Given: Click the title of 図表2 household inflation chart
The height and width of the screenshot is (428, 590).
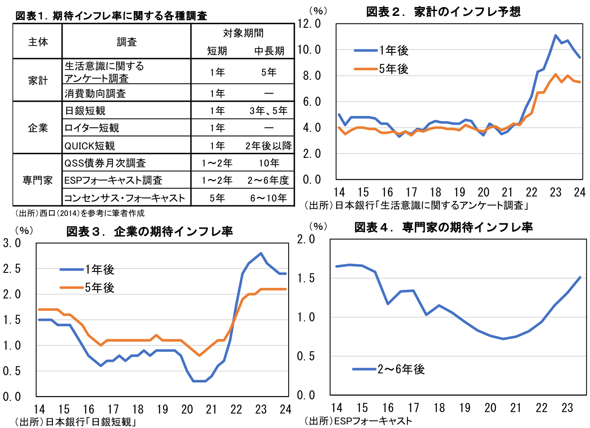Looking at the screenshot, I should pos(443,11).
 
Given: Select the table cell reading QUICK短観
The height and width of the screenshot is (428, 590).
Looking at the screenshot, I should pos(90,146).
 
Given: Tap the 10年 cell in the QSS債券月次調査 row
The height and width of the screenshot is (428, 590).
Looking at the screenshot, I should pos(268,163).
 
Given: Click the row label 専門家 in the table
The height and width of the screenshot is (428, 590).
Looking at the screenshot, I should pos(38,180).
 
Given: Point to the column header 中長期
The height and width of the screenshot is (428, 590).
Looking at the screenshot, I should pos(269,51).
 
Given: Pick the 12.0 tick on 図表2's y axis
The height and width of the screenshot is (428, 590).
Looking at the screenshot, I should pos(309,24).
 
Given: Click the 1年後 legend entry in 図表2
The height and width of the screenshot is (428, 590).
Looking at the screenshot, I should pos(382,51).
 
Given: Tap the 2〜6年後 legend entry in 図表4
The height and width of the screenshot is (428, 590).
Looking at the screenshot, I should pos(389,369).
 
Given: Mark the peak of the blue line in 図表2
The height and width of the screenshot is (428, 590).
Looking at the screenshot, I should pos(555,35).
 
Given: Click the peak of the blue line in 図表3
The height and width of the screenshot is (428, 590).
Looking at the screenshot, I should pos(261,253).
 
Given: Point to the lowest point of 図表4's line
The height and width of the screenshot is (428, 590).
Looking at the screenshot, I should pos(503,339).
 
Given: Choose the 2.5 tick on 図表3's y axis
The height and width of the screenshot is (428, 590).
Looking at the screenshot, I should pos(12,269).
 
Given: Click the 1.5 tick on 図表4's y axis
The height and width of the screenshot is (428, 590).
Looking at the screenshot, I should pos(306,278).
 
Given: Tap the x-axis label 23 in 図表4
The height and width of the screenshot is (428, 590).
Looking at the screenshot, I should pos(567,408).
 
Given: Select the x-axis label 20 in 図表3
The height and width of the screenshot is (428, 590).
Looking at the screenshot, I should pos(187,409).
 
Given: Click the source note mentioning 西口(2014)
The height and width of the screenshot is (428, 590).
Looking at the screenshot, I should pos(80,213).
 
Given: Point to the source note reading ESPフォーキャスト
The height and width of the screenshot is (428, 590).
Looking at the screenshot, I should pos(358,421).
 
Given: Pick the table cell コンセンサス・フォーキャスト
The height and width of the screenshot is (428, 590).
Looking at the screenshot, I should pos(125,198).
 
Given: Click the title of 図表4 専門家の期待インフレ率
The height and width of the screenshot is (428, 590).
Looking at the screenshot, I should pos(443,227).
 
